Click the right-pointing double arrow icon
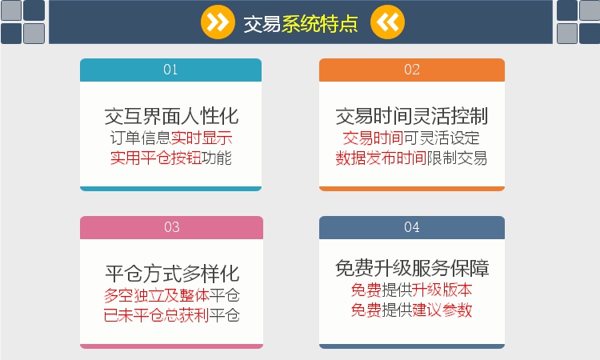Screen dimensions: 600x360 point(218,22)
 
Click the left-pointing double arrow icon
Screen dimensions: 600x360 point(387,22)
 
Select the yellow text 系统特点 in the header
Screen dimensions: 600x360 point(320,24)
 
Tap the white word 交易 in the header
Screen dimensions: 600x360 point(262,24)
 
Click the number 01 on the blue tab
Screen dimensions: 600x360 point(170,70)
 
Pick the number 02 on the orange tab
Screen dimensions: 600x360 point(412,70)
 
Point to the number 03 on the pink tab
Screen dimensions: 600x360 point(171,227)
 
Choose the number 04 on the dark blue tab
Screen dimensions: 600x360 point(412,227)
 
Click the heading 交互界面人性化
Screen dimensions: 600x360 point(171,116)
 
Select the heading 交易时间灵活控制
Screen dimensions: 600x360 point(412,116)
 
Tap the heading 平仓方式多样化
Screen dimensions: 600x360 point(172,274)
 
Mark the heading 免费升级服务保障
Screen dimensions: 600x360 point(412,268)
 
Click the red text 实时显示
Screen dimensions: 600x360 point(202,138)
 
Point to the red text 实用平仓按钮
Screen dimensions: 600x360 point(156,158)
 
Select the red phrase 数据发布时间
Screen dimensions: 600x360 point(381,158)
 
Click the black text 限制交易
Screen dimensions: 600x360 point(457,158)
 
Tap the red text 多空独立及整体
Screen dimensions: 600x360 point(157,295)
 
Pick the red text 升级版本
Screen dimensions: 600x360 point(442,290)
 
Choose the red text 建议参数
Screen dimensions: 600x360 point(442,310)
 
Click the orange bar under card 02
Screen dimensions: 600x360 point(412,189)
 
